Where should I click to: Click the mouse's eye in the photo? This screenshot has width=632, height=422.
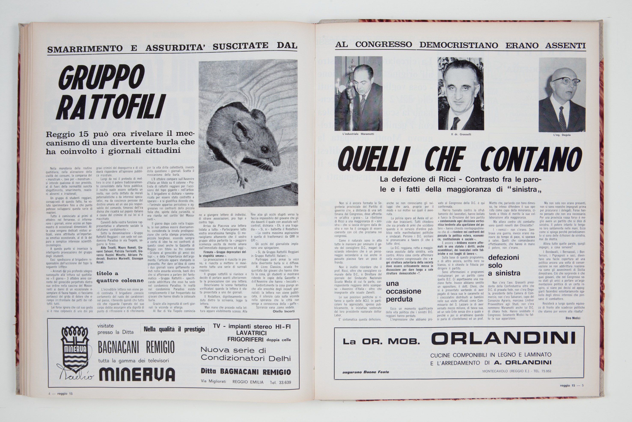265,149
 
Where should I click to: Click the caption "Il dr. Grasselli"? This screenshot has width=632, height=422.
461,134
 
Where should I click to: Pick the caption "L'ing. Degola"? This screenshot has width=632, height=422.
562,135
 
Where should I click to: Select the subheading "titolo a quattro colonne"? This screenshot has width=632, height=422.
120,277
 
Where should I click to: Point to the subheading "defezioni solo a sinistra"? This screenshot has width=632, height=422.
504,265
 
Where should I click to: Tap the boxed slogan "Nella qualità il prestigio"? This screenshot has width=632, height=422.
174,329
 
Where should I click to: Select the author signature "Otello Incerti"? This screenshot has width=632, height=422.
284,311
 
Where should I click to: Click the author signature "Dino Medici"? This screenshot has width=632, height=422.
571,318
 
